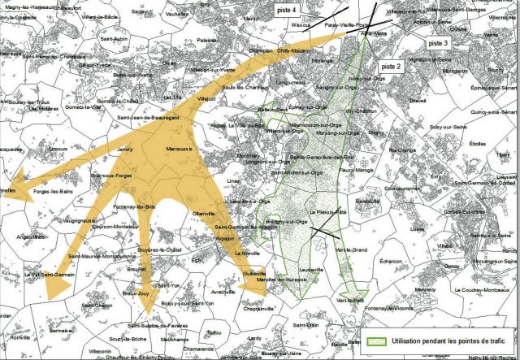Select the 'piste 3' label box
pos(438,42)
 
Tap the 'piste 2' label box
pos(391,67)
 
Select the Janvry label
pos(124,150)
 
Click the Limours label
pos(58,150)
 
